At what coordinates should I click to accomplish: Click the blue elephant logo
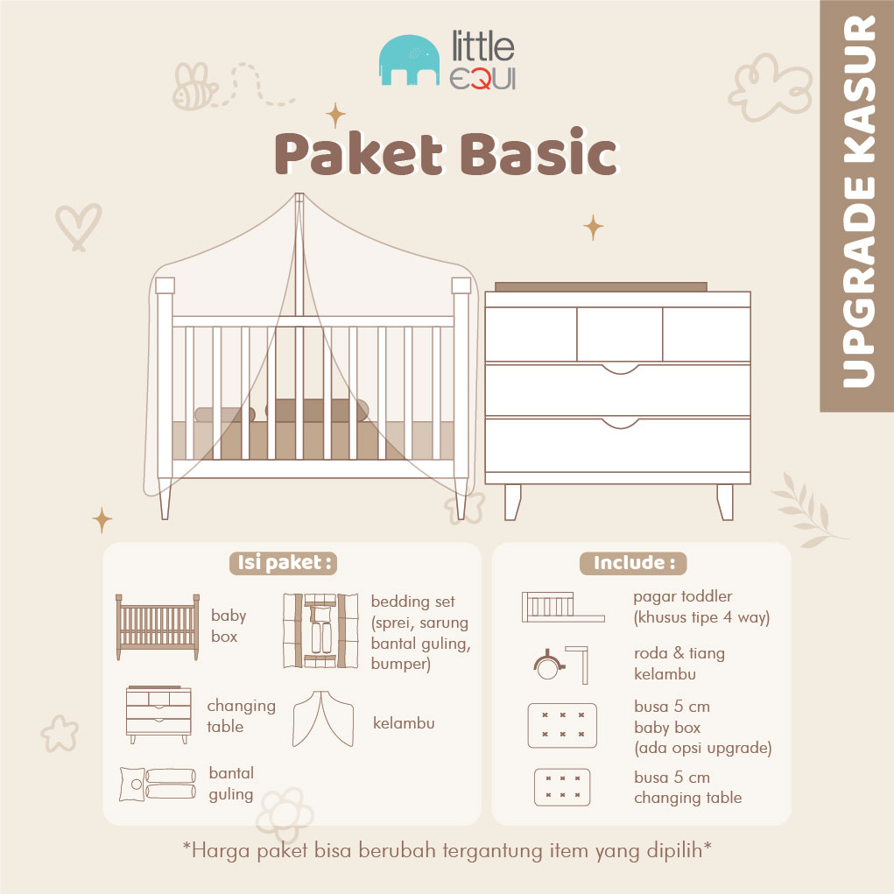point(410,60)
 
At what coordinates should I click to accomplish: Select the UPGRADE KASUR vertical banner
point(857,206)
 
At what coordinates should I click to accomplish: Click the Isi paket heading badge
point(284,563)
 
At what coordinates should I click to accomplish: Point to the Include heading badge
point(633,563)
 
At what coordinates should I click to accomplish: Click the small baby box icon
point(158,627)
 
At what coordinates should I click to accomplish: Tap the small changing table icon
point(158,714)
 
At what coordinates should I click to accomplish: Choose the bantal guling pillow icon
point(158,784)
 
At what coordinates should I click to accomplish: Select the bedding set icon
point(321,630)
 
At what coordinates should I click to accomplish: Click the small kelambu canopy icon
point(323,719)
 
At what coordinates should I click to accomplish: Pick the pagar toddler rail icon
point(563,607)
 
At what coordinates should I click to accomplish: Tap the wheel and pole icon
point(560,665)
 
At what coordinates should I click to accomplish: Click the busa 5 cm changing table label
point(687,787)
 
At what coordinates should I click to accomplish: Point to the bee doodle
point(194,86)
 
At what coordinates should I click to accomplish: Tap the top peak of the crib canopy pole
point(299,194)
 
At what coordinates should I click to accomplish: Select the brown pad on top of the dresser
point(601,287)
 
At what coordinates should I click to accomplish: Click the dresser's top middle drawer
point(620,334)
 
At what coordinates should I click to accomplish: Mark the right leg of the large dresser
point(725,503)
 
